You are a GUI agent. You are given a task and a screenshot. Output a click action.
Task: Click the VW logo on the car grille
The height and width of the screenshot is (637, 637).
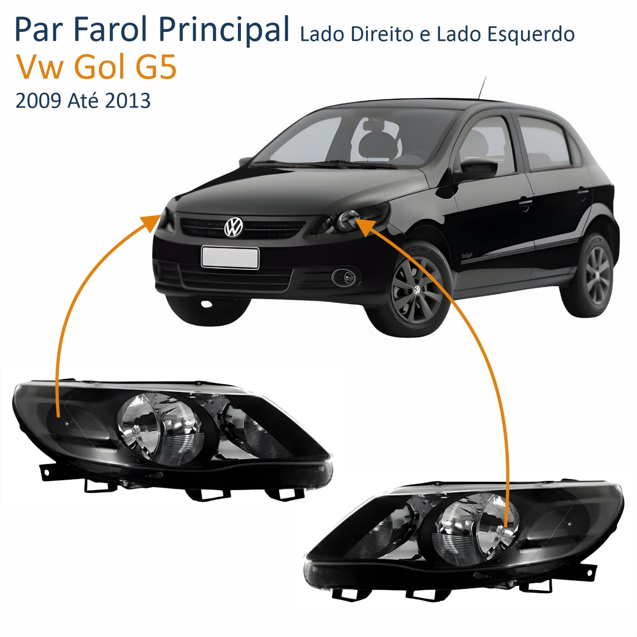(x=233, y=227)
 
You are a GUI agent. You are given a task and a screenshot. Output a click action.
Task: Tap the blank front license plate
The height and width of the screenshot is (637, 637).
(x=230, y=258)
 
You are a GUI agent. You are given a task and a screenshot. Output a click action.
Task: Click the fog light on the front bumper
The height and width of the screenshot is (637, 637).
(x=346, y=277)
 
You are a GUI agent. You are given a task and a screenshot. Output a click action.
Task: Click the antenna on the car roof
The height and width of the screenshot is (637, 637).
(x=482, y=87)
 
